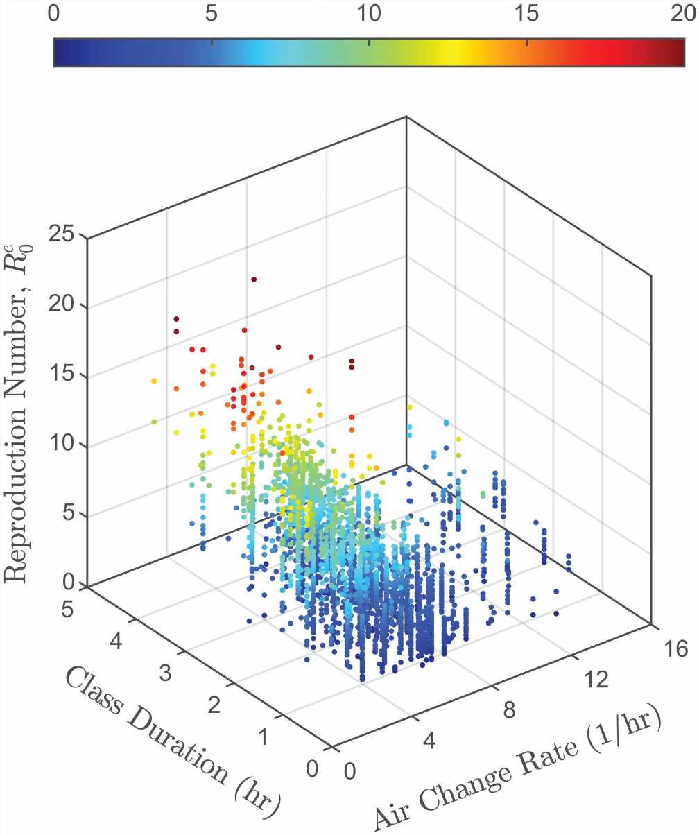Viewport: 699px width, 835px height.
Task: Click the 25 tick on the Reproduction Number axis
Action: pyautogui.click(x=65, y=236)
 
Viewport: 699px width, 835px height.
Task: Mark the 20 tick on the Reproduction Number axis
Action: pyautogui.click(x=65, y=306)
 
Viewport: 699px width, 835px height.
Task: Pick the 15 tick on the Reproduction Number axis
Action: pyautogui.click(x=65, y=376)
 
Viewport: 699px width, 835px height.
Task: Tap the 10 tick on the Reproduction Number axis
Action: pyautogui.click(x=65, y=445)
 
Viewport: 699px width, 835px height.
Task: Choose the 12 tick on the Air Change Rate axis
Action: pyautogui.click(x=596, y=681)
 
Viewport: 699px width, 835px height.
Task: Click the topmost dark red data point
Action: pyautogui.click(x=254, y=279)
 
